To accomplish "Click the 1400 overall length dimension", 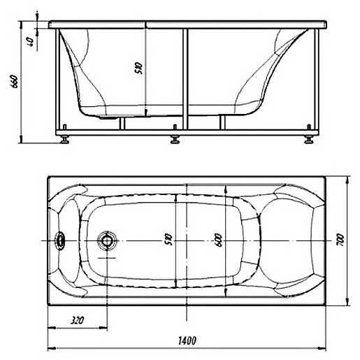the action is [187, 340].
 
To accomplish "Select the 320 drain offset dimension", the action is [77, 320].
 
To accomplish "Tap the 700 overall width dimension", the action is [340, 240].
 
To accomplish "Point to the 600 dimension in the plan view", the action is [219, 240].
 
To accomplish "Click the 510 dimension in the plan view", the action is [169, 240].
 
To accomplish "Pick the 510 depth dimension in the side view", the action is [138, 68].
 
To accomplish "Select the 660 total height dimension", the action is [14, 81].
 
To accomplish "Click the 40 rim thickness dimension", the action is [31, 42].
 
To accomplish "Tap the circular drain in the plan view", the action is [107, 240].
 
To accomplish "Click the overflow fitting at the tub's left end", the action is [60, 240].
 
